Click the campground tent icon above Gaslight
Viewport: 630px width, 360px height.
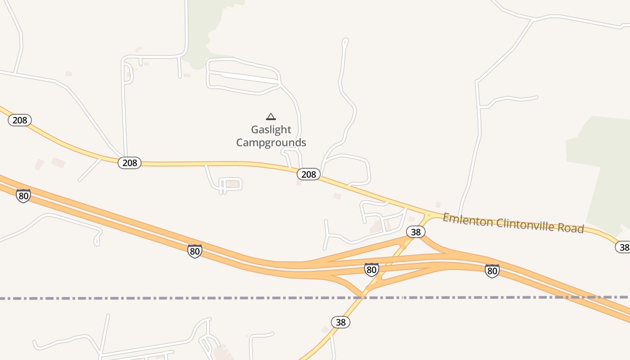click(270, 117)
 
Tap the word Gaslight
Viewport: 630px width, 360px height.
click(271, 130)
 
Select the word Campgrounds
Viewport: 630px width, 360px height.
click(271, 143)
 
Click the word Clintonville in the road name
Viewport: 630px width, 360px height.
click(522, 225)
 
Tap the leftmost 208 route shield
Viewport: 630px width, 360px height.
click(20, 120)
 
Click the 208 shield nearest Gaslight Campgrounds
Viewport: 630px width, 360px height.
click(309, 174)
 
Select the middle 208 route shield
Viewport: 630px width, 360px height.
click(130, 163)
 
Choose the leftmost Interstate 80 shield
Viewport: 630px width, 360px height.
click(23, 196)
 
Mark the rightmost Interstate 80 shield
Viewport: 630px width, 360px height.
click(492, 271)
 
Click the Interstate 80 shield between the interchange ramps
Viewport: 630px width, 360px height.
click(371, 270)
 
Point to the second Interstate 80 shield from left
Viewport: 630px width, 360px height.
click(195, 251)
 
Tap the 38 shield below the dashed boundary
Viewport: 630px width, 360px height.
click(341, 322)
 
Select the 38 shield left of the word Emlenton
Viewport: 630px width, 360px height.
click(416, 232)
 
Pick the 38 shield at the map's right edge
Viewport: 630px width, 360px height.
click(623, 247)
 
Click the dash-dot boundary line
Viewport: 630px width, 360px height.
click(135, 298)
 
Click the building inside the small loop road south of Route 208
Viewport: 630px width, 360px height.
click(232, 184)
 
